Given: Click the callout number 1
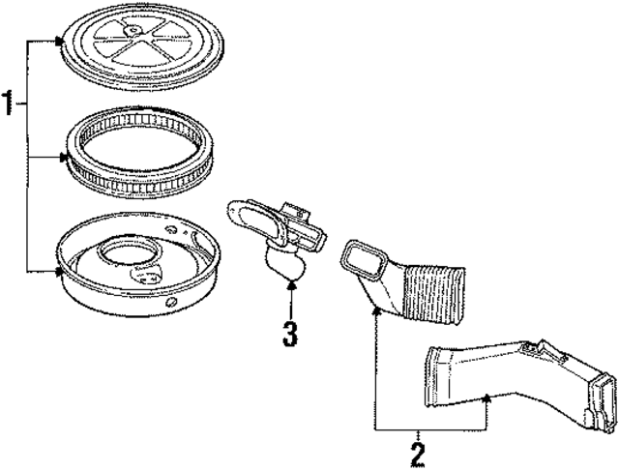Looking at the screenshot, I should pos(10,103).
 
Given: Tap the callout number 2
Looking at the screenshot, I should pos(418,453).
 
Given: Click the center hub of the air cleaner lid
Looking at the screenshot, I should pos(128,37).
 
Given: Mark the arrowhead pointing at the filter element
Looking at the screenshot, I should pos(64,155).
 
